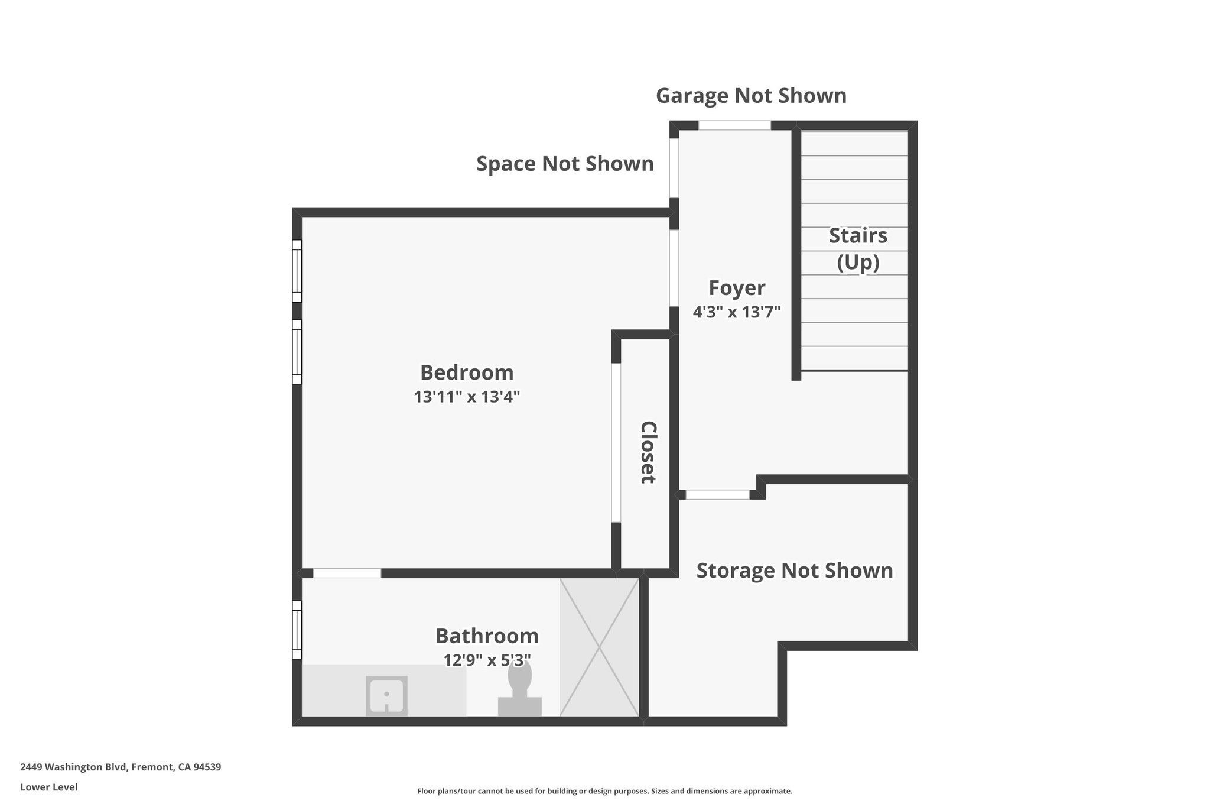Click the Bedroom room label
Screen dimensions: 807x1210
tap(467, 372)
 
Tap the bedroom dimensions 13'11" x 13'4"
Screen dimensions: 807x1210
tap(467, 397)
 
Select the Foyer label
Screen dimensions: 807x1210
tap(737, 288)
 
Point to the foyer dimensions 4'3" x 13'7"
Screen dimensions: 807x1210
tap(737, 312)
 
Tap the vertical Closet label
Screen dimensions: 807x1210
tap(648, 452)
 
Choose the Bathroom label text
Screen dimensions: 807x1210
tap(487, 636)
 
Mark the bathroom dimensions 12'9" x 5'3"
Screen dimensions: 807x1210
tap(487, 660)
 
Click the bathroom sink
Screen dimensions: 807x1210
tap(386, 695)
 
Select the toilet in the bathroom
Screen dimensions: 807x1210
tap(520, 689)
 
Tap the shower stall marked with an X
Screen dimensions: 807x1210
tap(599, 647)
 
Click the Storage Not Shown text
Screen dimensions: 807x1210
tap(795, 571)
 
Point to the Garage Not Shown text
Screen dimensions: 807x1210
tap(751, 95)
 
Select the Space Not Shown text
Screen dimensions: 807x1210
tap(565, 164)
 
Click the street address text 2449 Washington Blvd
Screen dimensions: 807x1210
tap(121, 767)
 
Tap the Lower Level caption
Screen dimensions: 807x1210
tap(49, 787)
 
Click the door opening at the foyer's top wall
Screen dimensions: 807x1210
tap(735, 125)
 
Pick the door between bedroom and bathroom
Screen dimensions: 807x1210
tap(347, 573)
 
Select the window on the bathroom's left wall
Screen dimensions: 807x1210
tap(297, 630)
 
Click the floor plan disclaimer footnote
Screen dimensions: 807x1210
tap(604, 791)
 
